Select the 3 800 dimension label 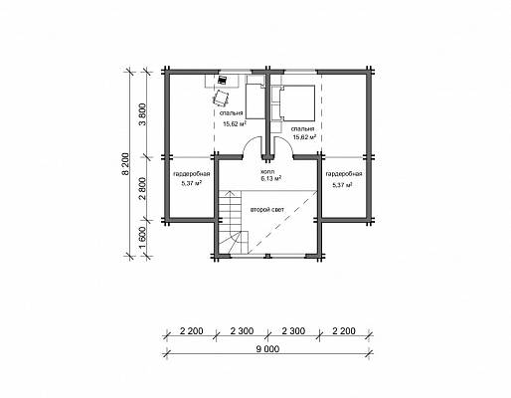click(x=143, y=117)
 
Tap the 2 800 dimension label click(x=143, y=189)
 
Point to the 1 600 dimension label click(x=143, y=238)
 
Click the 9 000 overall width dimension click(x=267, y=349)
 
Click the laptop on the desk click(x=222, y=80)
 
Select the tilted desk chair click(x=221, y=98)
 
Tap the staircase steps click(x=233, y=222)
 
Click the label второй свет click(x=266, y=210)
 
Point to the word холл click(x=267, y=172)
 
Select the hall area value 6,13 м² click(x=271, y=179)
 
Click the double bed click(x=297, y=102)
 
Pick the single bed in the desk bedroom click(x=255, y=100)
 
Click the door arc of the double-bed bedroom click(x=286, y=142)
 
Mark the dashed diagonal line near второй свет click(x=282, y=222)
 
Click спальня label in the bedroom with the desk click(x=232, y=113)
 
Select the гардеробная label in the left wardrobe click(x=192, y=174)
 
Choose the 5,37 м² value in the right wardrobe click(x=342, y=185)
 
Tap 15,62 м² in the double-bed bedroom click(x=304, y=136)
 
